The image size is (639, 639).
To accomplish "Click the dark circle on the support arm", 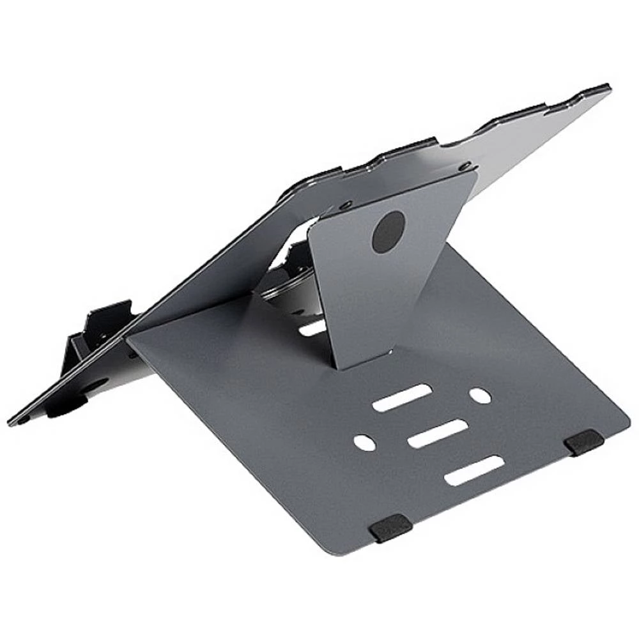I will pos(389,232).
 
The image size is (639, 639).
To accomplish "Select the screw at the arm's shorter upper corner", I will pos(346,206).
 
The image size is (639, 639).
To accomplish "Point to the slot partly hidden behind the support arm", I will pos(313,328).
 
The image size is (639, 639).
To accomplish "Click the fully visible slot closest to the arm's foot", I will pos(402,397).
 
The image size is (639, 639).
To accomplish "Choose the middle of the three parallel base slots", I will pos(437,433).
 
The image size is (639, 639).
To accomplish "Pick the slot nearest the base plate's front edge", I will pos(474,470).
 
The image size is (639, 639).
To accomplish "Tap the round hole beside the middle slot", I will pos(365,443).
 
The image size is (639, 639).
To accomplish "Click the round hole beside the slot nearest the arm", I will pos(481,396).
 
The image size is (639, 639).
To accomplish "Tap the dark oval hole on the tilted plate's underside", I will pos(96,384).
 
